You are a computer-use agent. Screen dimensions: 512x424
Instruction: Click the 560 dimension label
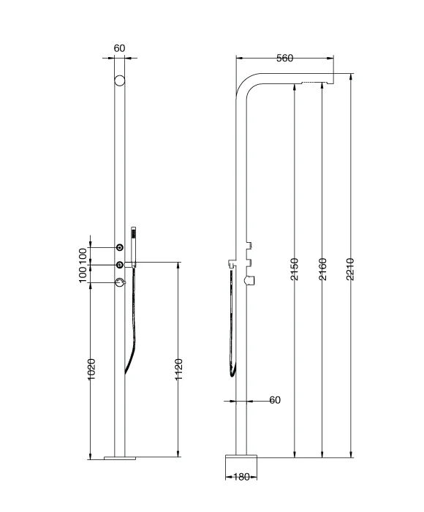coord(285,59)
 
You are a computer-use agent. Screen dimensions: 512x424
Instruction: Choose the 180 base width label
coord(241,476)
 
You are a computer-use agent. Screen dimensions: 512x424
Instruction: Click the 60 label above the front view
coord(120,48)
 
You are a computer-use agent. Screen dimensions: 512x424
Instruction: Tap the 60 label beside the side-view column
coord(274,400)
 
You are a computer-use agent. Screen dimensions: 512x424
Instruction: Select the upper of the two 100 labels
coord(83,255)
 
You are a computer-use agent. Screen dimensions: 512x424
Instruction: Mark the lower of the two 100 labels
coord(83,274)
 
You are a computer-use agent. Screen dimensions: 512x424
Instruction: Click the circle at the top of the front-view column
coord(120,80)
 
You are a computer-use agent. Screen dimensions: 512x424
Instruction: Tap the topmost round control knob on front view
coord(120,249)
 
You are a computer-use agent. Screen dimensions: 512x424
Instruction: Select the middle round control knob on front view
coord(120,264)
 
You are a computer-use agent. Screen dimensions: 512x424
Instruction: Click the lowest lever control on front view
coord(119,283)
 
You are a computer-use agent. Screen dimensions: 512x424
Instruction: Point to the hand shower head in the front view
coord(133,237)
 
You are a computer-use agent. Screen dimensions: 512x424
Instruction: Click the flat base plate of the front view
coord(120,459)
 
